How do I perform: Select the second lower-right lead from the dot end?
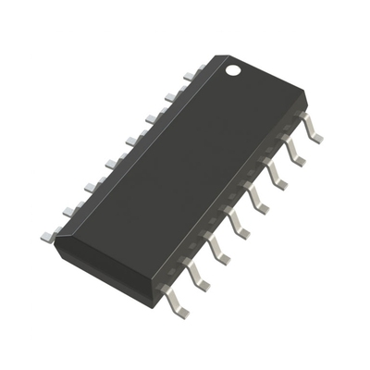point(293,153)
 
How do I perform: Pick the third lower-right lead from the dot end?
point(275,176)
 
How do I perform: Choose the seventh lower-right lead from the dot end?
point(197,274)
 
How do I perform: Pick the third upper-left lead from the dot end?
point(154,117)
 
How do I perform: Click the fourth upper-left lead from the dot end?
point(133,140)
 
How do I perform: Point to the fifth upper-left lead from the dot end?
point(113,163)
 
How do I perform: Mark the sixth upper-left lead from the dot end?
point(92,186)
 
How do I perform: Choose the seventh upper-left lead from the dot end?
point(71,210)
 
